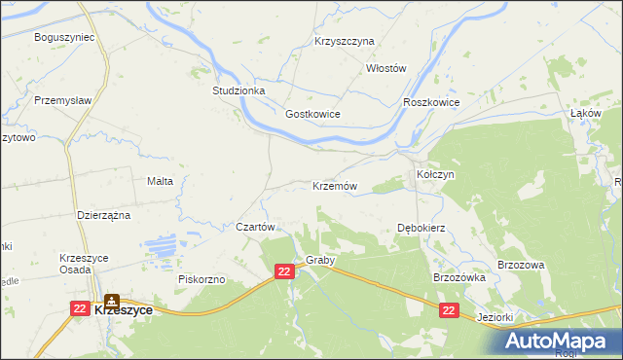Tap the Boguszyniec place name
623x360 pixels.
point(62,37)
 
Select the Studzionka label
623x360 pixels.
point(238,90)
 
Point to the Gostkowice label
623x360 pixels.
point(312,114)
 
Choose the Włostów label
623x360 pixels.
point(385,68)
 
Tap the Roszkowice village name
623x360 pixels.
point(430,102)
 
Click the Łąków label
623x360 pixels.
point(585,113)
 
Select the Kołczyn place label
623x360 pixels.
point(435,174)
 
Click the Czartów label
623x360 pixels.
point(258,226)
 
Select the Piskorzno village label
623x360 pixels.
point(202,279)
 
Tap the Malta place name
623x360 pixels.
point(160,181)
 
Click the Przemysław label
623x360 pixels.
point(61,100)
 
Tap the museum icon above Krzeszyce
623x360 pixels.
point(112,301)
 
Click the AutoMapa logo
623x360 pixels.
point(561,341)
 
